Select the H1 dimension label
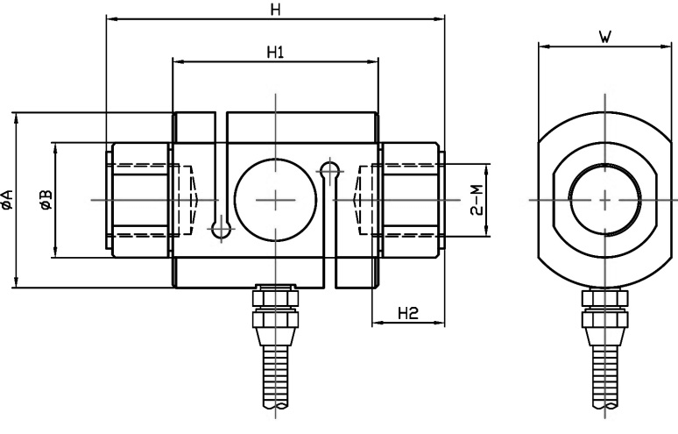(275, 52)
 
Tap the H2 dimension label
(407, 313)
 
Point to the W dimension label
(604, 36)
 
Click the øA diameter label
(7, 199)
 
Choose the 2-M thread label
(476, 200)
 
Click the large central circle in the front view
(275, 199)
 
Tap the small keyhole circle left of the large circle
(221, 230)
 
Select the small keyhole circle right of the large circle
(329, 167)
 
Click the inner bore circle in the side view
(604, 199)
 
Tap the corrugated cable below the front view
(275, 377)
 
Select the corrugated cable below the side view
(604, 377)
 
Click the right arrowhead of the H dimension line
(441, 18)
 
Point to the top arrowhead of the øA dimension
(16, 117)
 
